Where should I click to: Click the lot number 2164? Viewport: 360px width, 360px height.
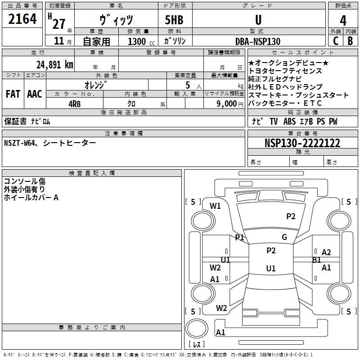pos(22,20)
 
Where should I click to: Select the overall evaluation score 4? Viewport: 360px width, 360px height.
pos(343,20)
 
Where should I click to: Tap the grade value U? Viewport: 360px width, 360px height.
pos(258,20)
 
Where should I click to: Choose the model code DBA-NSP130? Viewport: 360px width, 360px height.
pos(258,41)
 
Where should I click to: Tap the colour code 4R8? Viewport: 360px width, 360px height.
pos(75,103)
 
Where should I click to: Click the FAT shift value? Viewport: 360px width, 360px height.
pos(13,94)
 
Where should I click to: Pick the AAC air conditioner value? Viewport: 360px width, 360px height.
pos(35,94)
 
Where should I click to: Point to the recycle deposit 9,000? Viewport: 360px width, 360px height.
pos(226,103)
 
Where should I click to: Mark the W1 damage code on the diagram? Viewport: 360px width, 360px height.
pos(216,206)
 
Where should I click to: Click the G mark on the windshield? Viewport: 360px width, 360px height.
pos(284,237)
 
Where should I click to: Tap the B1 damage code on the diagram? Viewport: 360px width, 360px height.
pos(317,260)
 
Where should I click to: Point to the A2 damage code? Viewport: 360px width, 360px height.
pos(326,252)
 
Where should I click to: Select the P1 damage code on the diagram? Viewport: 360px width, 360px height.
pos(239,237)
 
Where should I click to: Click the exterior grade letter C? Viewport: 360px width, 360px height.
pos(335,41)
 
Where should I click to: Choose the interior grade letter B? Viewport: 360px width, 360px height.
pos(350,41)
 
